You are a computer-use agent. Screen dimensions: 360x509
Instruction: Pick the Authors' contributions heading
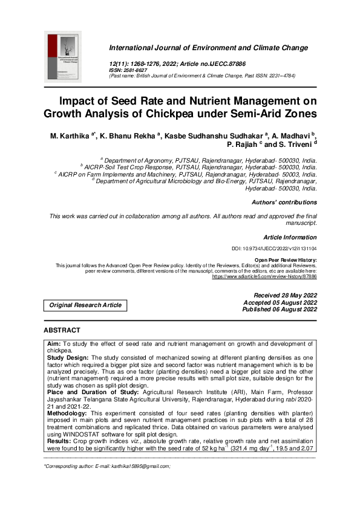284,203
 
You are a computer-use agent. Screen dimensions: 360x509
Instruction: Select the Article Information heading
290,238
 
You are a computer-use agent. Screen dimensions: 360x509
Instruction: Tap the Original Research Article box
85,305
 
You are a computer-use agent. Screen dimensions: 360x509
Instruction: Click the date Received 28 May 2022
281,295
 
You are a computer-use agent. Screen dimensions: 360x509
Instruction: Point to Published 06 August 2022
280,310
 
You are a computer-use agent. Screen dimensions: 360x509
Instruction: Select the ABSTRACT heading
62,331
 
